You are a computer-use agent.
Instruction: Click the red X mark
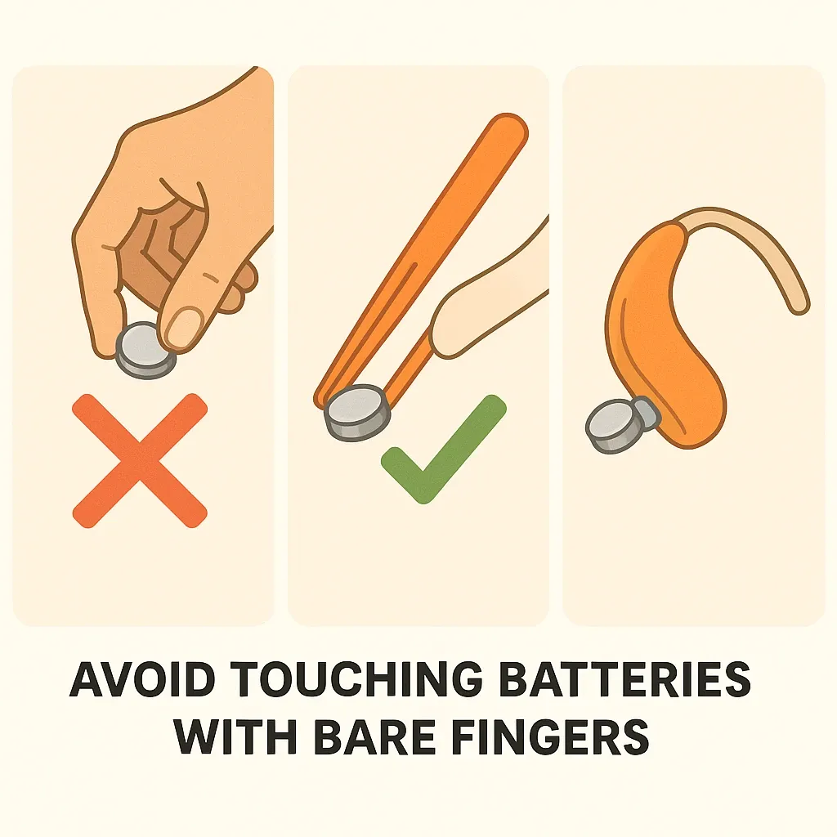pos(139,461)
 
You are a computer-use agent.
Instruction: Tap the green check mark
pos(443,450)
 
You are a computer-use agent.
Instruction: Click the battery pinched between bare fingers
pos(145,350)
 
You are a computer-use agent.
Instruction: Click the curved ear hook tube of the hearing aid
pos(747,251)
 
